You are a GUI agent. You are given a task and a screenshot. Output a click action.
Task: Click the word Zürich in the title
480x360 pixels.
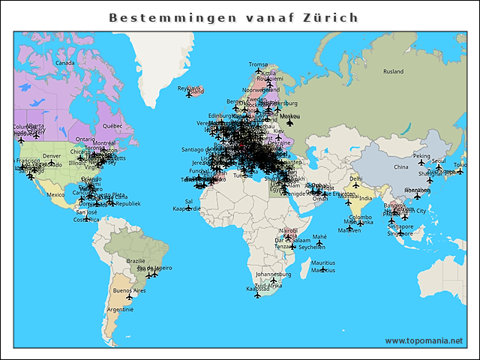(x=328, y=17)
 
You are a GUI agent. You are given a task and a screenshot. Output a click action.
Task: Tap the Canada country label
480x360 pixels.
(x=65, y=63)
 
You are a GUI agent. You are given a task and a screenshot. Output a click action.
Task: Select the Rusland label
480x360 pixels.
(x=393, y=72)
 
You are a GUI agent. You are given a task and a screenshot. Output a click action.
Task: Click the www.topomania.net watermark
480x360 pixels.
(x=424, y=340)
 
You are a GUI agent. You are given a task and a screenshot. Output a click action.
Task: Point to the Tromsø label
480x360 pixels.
(x=258, y=64)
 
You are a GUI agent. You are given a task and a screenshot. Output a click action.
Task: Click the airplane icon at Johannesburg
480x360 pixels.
(x=273, y=281)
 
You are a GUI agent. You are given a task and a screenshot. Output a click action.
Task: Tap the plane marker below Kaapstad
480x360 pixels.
(x=257, y=295)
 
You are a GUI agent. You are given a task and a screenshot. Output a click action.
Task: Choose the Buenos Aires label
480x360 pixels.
(x=127, y=290)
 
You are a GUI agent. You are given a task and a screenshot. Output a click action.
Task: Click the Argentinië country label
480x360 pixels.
(x=120, y=309)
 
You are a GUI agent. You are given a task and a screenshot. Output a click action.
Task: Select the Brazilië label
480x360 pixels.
(x=136, y=261)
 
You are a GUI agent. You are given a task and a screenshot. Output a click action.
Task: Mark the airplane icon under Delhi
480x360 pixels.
(x=356, y=185)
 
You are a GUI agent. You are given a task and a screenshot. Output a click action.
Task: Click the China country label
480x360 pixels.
(x=400, y=167)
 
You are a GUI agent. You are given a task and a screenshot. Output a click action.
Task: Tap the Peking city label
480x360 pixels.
(x=421, y=156)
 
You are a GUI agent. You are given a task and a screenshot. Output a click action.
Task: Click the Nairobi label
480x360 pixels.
(x=288, y=230)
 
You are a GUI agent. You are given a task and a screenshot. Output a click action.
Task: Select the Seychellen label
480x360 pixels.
(x=311, y=247)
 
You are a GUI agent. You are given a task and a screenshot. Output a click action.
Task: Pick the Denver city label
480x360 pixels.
(x=52, y=156)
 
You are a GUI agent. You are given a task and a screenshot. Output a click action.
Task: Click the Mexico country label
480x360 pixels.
(x=56, y=194)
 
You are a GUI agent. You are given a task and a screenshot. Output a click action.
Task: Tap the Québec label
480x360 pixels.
(x=112, y=126)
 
